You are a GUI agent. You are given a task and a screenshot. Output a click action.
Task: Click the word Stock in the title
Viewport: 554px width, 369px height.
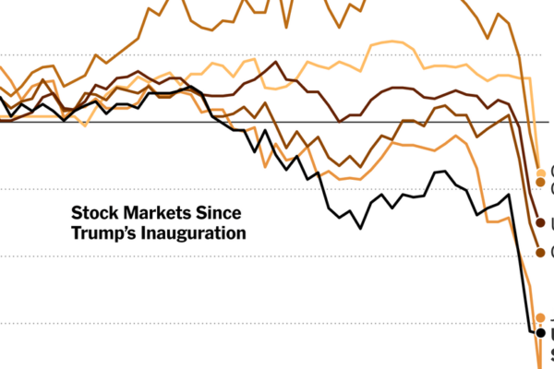point(93,211)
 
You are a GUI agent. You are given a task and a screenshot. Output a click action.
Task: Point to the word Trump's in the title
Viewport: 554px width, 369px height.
point(103,232)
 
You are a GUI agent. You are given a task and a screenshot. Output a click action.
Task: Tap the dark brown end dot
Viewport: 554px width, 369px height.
point(540,222)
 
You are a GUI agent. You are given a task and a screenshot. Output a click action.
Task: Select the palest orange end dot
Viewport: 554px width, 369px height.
point(540,172)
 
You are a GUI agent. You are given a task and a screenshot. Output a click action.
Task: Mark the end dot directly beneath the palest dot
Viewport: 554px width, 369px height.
point(540,184)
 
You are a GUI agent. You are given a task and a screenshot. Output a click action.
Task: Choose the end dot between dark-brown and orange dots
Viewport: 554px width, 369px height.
point(540,252)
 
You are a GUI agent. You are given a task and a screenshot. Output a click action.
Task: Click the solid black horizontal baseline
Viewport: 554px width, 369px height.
point(277,122)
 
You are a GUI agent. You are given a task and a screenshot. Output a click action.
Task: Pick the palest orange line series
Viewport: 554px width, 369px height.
point(388,42)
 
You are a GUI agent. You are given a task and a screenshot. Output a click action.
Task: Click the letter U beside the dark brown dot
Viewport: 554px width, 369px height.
point(551,222)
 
